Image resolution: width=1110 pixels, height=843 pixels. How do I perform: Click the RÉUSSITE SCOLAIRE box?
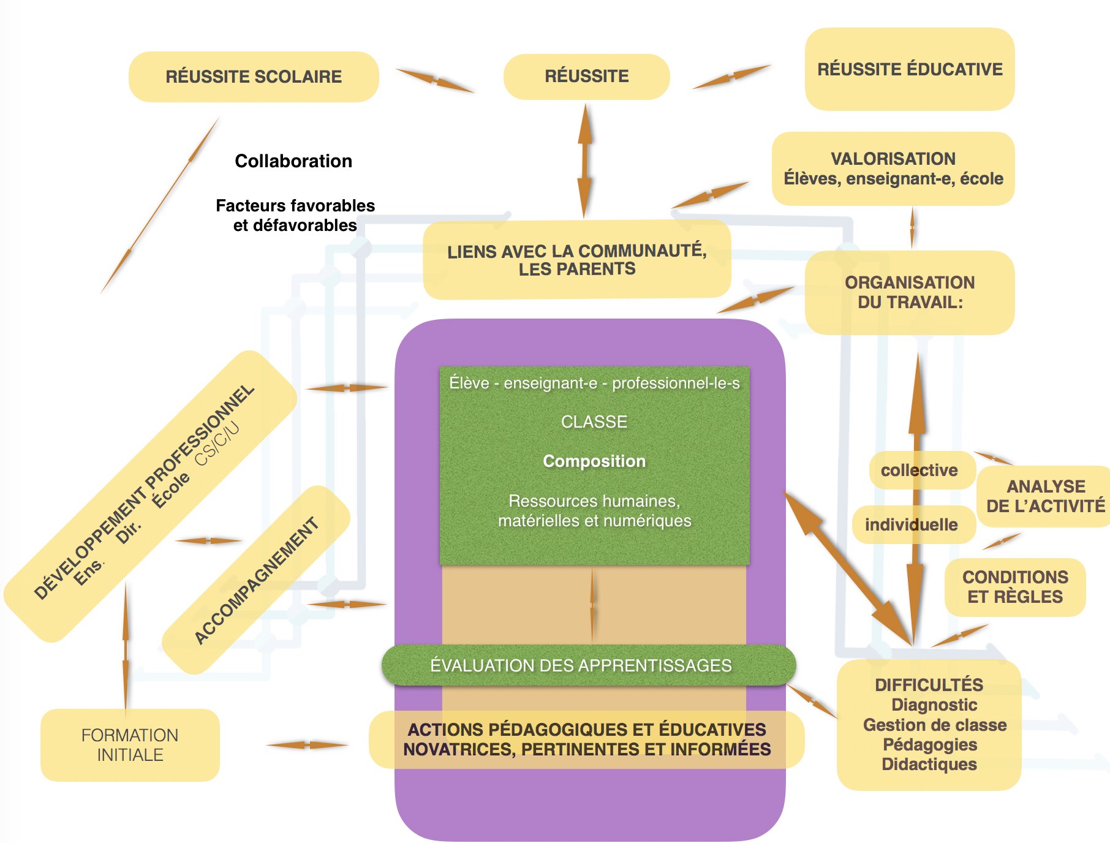point(254,77)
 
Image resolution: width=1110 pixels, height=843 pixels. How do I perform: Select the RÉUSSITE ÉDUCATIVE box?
point(910,69)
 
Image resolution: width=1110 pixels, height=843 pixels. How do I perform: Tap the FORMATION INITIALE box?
point(130,745)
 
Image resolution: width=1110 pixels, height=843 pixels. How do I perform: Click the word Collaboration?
point(293,161)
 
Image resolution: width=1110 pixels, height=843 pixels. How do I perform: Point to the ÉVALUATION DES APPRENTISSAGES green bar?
point(589,665)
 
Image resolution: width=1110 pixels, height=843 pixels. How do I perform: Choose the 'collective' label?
point(919,471)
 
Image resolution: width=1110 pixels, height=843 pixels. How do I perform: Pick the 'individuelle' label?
point(912,524)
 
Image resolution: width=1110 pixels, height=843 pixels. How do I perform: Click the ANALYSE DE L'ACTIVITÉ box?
point(1046,496)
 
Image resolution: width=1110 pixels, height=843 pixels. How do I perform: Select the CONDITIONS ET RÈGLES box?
point(1015,587)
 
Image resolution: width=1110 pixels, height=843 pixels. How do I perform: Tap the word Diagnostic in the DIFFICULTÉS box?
point(934,705)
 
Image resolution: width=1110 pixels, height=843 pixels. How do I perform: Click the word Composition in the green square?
point(594,461)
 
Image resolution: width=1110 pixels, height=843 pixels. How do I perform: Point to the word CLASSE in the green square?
point(594,422)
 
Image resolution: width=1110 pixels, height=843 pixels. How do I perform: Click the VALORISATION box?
point(893,168)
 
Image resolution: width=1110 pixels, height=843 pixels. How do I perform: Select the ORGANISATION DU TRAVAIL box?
point(910,292)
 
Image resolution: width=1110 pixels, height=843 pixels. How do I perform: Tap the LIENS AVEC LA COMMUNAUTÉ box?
point(577,260)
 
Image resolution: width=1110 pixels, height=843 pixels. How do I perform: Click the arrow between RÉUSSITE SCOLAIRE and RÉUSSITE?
point(435,80)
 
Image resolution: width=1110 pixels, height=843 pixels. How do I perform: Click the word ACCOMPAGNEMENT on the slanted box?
point(257,581)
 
